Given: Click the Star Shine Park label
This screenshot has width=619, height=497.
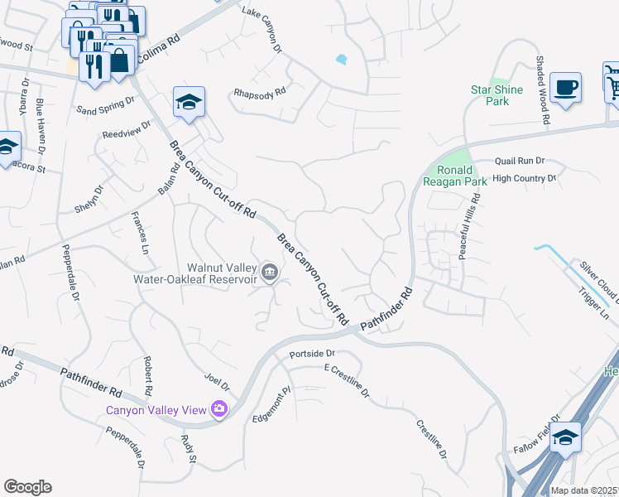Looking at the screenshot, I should pos(489,95).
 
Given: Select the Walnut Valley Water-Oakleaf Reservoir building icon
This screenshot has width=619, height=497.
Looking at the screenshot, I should pos(270,272).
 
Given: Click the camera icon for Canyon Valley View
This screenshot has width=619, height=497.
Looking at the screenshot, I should pos(219,408).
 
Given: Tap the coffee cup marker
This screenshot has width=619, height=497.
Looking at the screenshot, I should pos(565,88).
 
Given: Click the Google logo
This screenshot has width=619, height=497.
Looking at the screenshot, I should pos(26,487).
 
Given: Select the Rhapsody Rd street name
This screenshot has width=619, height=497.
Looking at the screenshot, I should pos(261,94).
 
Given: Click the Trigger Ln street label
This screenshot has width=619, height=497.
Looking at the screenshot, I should pos(593,305).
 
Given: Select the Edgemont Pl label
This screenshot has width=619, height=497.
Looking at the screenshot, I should pos(272,405).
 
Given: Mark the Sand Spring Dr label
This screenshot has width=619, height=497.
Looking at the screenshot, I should pos(105,105).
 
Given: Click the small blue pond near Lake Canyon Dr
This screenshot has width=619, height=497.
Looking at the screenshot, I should pos(341,59).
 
